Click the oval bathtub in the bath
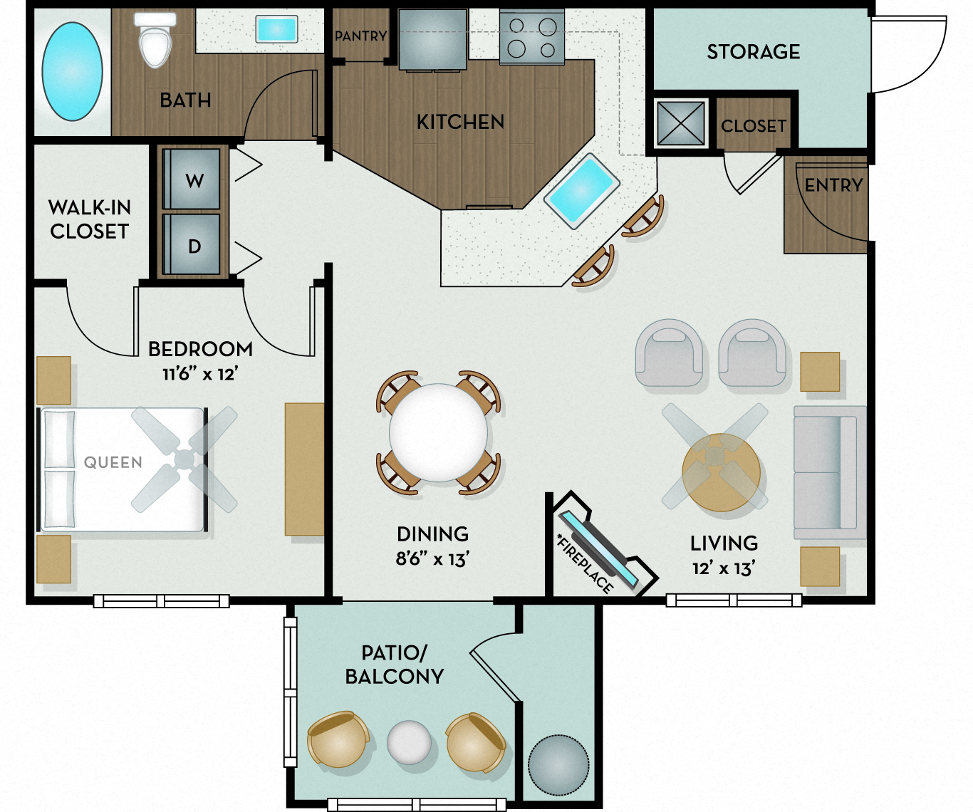pyautogui.click(x=72, y=71)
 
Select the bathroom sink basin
pyautogui.click(x=276, y=30)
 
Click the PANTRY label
pyautogui.click(x=360, y=36)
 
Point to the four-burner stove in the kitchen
pyautogui.click(x=531, y=38)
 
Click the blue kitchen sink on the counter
pyautogui.click(x=581, y=190)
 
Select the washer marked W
pyautogui.click(x=193, y=179)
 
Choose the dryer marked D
pyautogui.click(x=193, y=245)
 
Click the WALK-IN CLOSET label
pyautogui.click(x=90, y=219)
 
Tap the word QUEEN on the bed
pyautogui.click(x=113, y=462)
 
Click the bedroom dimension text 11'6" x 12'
pyautogui.click(x=200, y=373)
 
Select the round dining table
pyautogui.click(x=438, y=432)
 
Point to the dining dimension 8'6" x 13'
pyautogui.click(x=432, y=559)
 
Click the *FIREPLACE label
pyautogui.click(x=584, y=563)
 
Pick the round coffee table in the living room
pyautogui.click(x=720, y=473)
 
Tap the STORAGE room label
pyautogui.click(x=753, y=52)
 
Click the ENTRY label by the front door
pyautogui.click(x=833, y=185)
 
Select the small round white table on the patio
pyautogui.click(x=409, y=742)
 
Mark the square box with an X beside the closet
pyautogui.click(x=680, y=123)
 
